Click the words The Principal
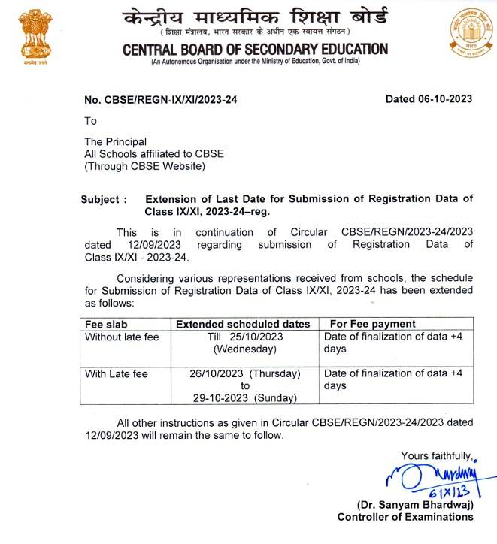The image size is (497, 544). pyautogui.click(x=115, y=141)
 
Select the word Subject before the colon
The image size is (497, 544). pyautogui.click(x=99, y=199)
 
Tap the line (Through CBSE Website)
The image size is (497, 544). pyautogui.click(x=144, y=165)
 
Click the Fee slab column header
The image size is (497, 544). pyautogui.click(x=106, y=324)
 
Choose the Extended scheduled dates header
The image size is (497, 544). pyautogui.click(x=242, y=324)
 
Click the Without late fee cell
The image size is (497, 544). pyautogui.click(x=122, y=337)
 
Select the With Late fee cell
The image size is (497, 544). pyautogui.click(x=117, y=373)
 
